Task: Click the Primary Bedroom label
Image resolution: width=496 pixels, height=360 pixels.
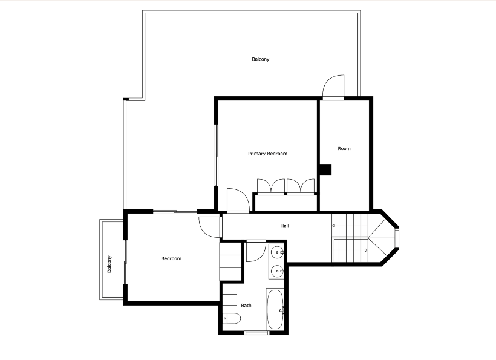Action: click(267, 154)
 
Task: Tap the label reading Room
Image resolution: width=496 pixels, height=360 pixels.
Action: click(344, 148)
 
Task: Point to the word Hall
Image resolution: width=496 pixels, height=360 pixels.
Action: click(284, 226)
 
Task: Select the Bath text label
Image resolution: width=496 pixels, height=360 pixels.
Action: click(246, 306)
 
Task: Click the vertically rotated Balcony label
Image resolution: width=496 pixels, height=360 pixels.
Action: click(109, 264)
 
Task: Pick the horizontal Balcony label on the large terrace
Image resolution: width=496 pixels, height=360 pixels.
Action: click(261, 59)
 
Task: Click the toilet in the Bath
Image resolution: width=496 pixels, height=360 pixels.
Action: click(232, 318)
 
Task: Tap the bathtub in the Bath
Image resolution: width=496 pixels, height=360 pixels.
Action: click(275, 309)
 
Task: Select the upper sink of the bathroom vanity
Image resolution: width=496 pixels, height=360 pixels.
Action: click(278, 252)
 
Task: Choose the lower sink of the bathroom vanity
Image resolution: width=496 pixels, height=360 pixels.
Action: click(278, 271)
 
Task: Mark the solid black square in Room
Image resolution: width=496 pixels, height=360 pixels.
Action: click(325, 169)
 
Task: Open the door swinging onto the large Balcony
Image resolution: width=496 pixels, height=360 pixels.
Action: click(333, 86)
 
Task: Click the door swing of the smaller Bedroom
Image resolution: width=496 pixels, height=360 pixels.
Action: click(209, 226)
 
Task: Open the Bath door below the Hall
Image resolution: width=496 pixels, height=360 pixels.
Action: click(256, 252)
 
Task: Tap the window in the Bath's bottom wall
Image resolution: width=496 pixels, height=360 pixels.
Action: click(257, 333)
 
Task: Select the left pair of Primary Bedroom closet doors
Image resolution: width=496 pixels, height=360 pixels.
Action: click(271, 186)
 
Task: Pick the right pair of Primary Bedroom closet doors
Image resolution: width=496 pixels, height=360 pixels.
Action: click(301, 186)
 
